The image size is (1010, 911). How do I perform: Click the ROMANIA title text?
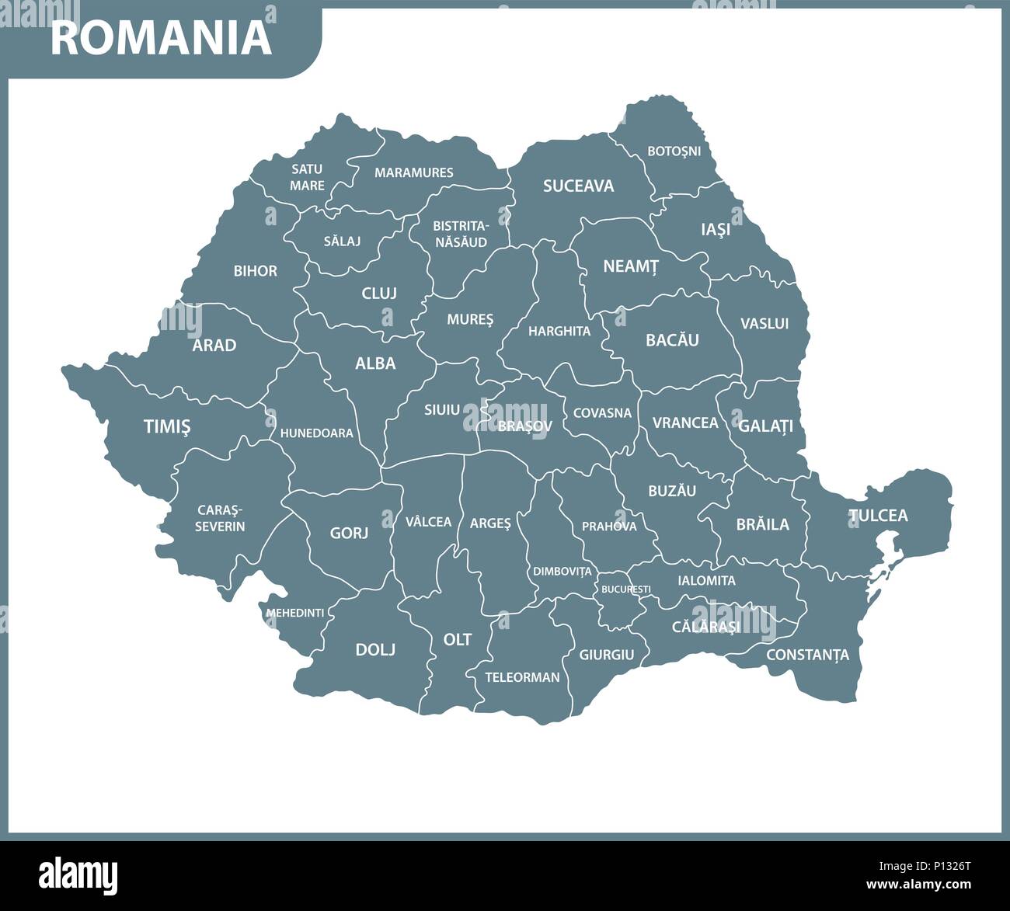click(x=162, y=38)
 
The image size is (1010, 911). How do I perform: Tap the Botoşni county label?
click(x=674, y=151)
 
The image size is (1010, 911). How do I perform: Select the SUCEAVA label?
click(x=578, y=186)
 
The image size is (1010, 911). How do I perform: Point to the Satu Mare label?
click(x=307, y=177)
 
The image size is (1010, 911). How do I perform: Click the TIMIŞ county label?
click(x=167, y=426)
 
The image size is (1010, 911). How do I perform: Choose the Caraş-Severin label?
click(x=220, y=518)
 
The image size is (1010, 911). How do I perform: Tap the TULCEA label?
click(x=878, y=516)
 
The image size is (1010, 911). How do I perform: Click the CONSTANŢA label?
click(x=807, y=655)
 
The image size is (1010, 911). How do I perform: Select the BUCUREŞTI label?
click(x=625, y=589)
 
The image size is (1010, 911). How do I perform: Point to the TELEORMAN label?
click(x=522, y=677)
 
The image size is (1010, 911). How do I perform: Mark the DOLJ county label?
click(x=375, y=649)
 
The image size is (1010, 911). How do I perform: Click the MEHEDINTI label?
click(x=294, y=613)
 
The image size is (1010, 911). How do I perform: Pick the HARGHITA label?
click(x=559, y=331)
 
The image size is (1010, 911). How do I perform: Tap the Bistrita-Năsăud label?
click(x=460, y=234)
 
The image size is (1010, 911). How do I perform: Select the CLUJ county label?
click(x=379, y=294)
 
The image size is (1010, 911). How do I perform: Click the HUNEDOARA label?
click(x=316, y=433)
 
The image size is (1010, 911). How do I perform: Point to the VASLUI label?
click(x=764, y=323)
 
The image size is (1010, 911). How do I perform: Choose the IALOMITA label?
click(x=706, y=580)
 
